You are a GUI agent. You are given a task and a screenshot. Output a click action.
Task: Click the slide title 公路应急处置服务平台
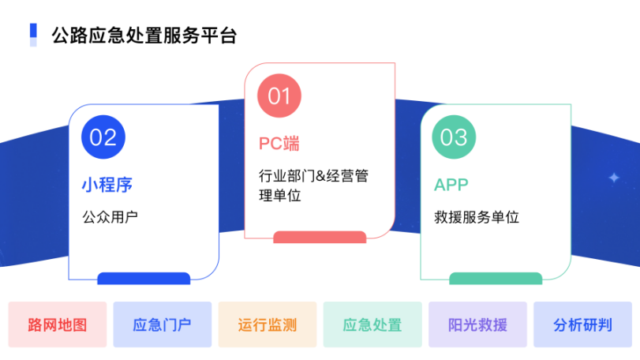(x=144, y=36)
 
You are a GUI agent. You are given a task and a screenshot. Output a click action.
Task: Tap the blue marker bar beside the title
(x=33, y=35)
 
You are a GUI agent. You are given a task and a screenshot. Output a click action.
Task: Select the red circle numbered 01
(x=279, y=96)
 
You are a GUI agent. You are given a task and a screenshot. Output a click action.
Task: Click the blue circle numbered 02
(x=103, y=137)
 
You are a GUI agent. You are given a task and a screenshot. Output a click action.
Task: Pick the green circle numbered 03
(x=454, y=137)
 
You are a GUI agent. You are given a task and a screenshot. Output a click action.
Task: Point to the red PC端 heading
(x=279, y=144)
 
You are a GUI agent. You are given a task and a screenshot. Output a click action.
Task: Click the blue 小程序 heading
(x=107, y=185)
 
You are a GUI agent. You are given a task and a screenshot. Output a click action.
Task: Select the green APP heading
(x=451, y=185)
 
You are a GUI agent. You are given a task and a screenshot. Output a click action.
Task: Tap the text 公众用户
(x=110, y=217)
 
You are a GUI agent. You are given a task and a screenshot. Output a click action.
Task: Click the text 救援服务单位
(x=477, y=217)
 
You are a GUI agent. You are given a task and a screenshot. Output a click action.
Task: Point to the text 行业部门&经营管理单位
(x=313, y=186)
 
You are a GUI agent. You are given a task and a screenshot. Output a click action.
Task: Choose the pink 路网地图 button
(x=58, y=324)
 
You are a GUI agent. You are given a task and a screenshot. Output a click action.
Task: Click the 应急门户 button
(x=163, y=324)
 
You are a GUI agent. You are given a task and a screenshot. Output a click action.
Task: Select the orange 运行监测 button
(x=268, y=324)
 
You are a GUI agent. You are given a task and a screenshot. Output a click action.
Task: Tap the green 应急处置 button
(x=372, y=324)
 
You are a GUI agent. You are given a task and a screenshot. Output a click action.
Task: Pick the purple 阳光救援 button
(x=477, y=324)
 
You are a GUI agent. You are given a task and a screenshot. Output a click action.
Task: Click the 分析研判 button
(x=583, y=324)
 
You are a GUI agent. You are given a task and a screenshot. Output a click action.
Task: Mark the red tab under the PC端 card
(x=320, y=237)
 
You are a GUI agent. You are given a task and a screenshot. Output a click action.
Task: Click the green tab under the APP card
(x=496, y=279)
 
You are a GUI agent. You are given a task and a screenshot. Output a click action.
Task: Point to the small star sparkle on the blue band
(x=614, y=178)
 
